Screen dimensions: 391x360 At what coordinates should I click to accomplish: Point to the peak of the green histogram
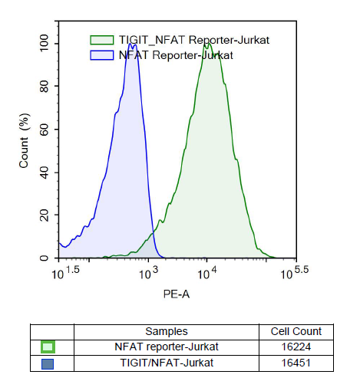coord(206,44)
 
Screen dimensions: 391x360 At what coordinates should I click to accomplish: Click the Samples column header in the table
coord(166,331)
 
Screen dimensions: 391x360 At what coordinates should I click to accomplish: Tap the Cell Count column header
coord(296,331)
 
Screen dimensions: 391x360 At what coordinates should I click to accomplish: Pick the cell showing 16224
coord(296,347)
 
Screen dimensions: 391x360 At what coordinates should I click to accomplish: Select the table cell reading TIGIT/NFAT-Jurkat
coord(166,363)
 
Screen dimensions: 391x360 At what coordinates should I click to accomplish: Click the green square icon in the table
coord(48,347)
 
